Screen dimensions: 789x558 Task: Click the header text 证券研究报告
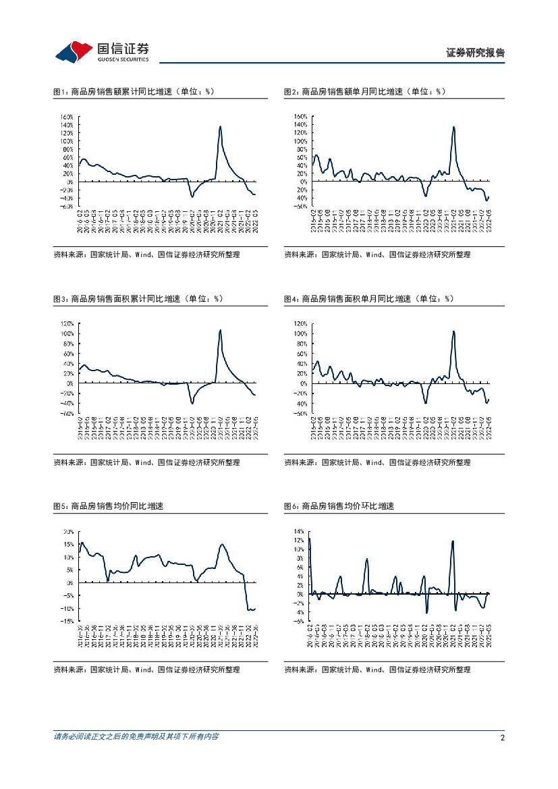click(x=476, y=53)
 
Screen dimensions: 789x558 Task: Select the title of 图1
click(x=133, y=91)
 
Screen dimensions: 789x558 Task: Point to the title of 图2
click(x=364, y=91)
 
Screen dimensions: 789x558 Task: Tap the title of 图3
click(x=138, y=298)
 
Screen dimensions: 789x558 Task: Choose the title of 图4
click(x=368, y=298)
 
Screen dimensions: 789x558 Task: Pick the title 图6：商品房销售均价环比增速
click(x=339, y=506)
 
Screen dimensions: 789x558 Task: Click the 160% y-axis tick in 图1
click(x=66, y=116)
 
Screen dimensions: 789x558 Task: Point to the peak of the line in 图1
click(x=220, y=126)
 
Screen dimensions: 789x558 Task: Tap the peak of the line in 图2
click(x=453, y=127)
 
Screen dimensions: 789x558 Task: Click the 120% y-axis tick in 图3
click(x=66, y=323)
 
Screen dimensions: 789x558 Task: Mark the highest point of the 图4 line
click(x=453, y=331)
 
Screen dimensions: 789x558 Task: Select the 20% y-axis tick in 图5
click(x=67, y=532)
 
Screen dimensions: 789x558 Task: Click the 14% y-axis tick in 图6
click(x=299, y=532)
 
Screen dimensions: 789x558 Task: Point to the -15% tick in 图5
click(x=67, y=621)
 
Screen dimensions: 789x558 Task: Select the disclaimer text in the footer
click(x=136, y=736)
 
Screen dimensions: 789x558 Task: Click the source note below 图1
click(x=146, y=254)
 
